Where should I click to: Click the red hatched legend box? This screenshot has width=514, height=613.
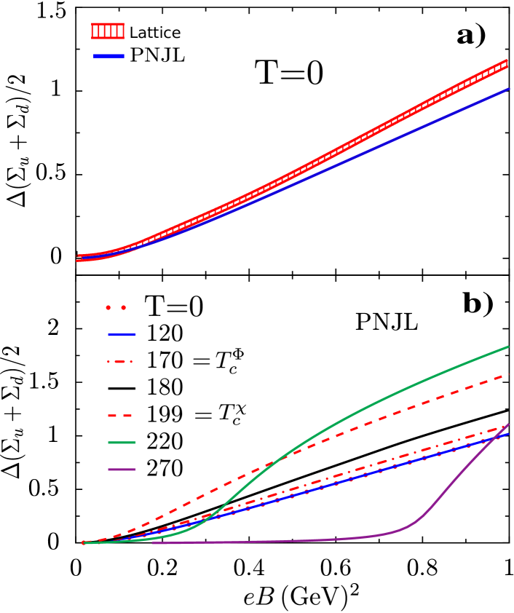[x=108, y=31]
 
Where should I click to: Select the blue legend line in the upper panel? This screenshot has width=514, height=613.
[x=108, y=55]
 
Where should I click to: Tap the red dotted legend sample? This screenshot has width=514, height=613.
[x=116, y=307]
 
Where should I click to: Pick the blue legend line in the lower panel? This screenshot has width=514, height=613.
[x=122, y=335]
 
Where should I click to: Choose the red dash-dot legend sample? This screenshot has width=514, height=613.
[x=120, y=362]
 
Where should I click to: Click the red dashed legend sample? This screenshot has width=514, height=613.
[x=120, y=416]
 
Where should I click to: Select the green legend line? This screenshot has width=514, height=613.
[x=122, y=443]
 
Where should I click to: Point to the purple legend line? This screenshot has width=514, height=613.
[x=122, y=470]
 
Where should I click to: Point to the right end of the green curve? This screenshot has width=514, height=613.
[x=508, y=347]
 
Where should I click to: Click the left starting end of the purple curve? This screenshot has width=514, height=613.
[x=152, y=542]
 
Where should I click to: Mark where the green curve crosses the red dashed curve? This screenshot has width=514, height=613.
[x=280, y=459]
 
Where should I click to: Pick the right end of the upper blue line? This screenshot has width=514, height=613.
[x=508, y=89]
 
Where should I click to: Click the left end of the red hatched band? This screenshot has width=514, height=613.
[x=79, y=258]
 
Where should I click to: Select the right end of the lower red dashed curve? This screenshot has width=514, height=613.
[x=508, y=375]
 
